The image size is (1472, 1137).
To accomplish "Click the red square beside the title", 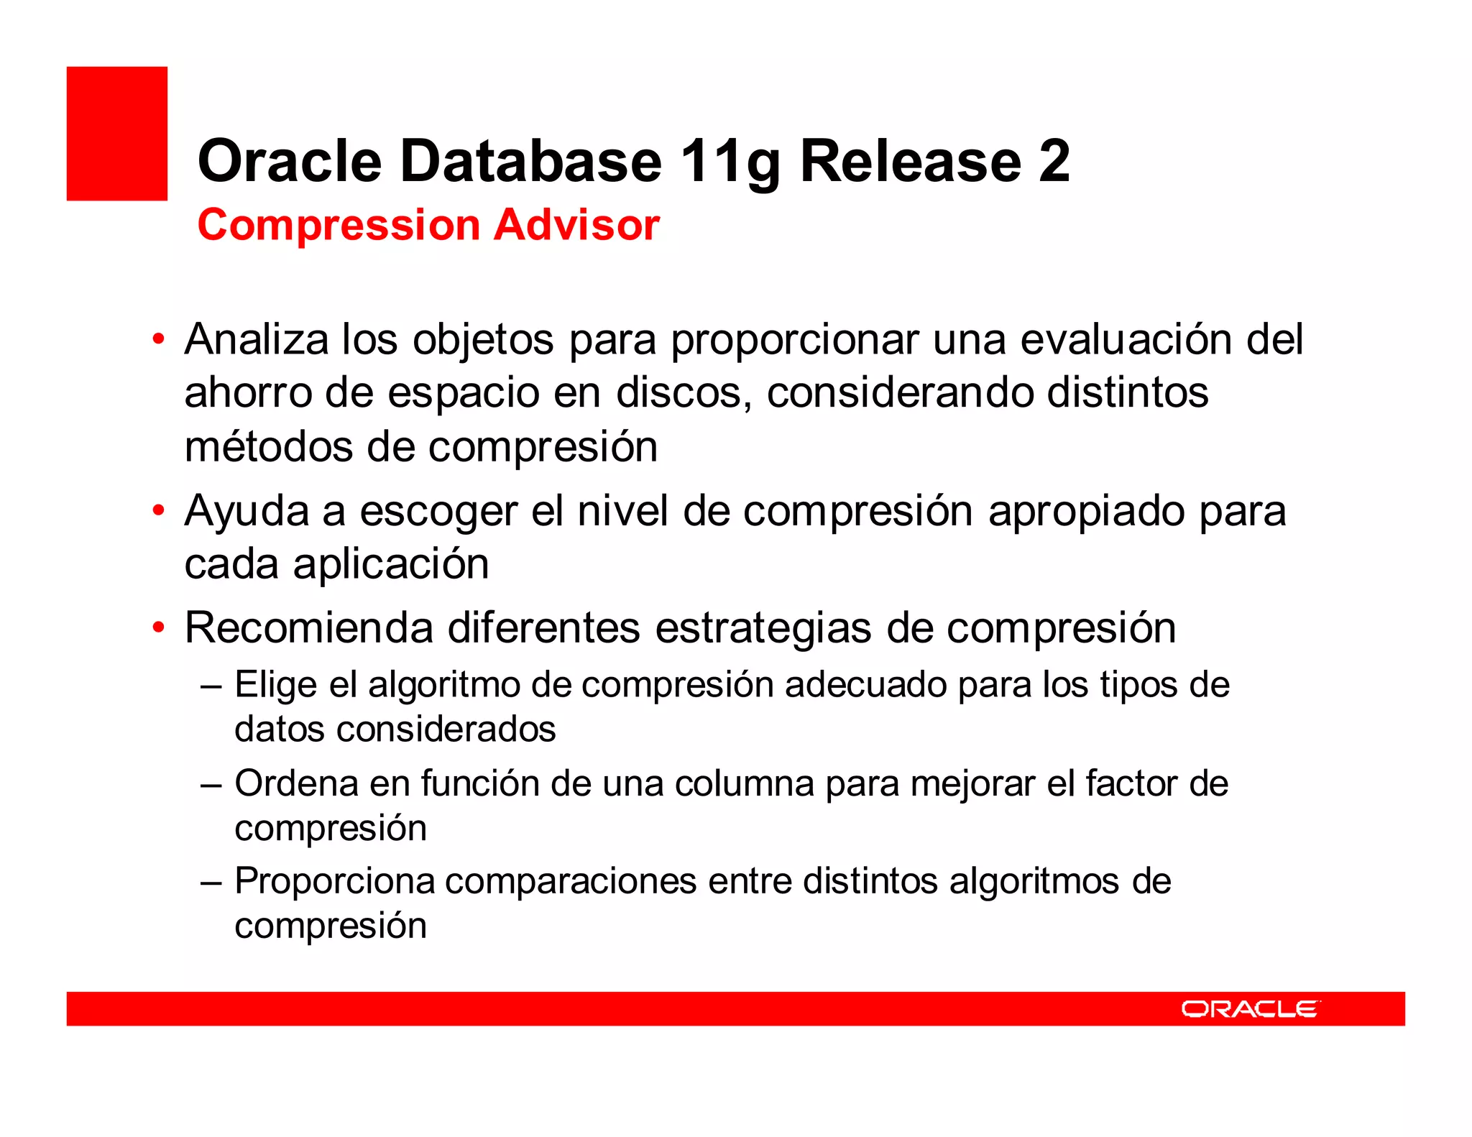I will (117, 134).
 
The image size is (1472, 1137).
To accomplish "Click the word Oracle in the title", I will (289, 161).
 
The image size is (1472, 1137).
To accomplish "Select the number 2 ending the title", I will (1053, 161).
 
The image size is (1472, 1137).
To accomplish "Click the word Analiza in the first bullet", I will (256, 339).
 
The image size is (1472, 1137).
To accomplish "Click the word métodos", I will (269, 447).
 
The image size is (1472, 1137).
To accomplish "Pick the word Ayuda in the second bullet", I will (246, 512).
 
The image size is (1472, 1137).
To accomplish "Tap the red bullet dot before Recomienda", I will (159, 627).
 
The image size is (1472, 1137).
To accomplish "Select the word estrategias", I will (763, 628).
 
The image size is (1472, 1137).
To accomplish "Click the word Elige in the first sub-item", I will (275, 685).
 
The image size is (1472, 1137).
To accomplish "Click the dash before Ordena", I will (211, 784).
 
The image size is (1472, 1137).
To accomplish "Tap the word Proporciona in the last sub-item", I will (335, 881).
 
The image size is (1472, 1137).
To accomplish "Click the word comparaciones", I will (571, 881).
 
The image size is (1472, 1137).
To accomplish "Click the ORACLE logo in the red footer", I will (1250, 1009).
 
